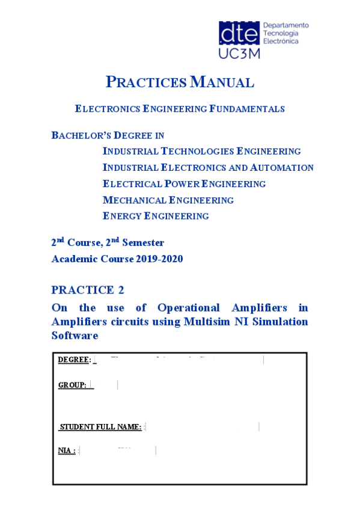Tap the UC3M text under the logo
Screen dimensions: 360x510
239,53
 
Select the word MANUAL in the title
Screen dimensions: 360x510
222,82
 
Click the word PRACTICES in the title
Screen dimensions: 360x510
146,82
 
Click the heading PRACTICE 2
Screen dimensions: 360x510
88,290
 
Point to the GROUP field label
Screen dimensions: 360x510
72,384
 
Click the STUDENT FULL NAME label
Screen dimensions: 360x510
100,427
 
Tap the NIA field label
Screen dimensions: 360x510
67,450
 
